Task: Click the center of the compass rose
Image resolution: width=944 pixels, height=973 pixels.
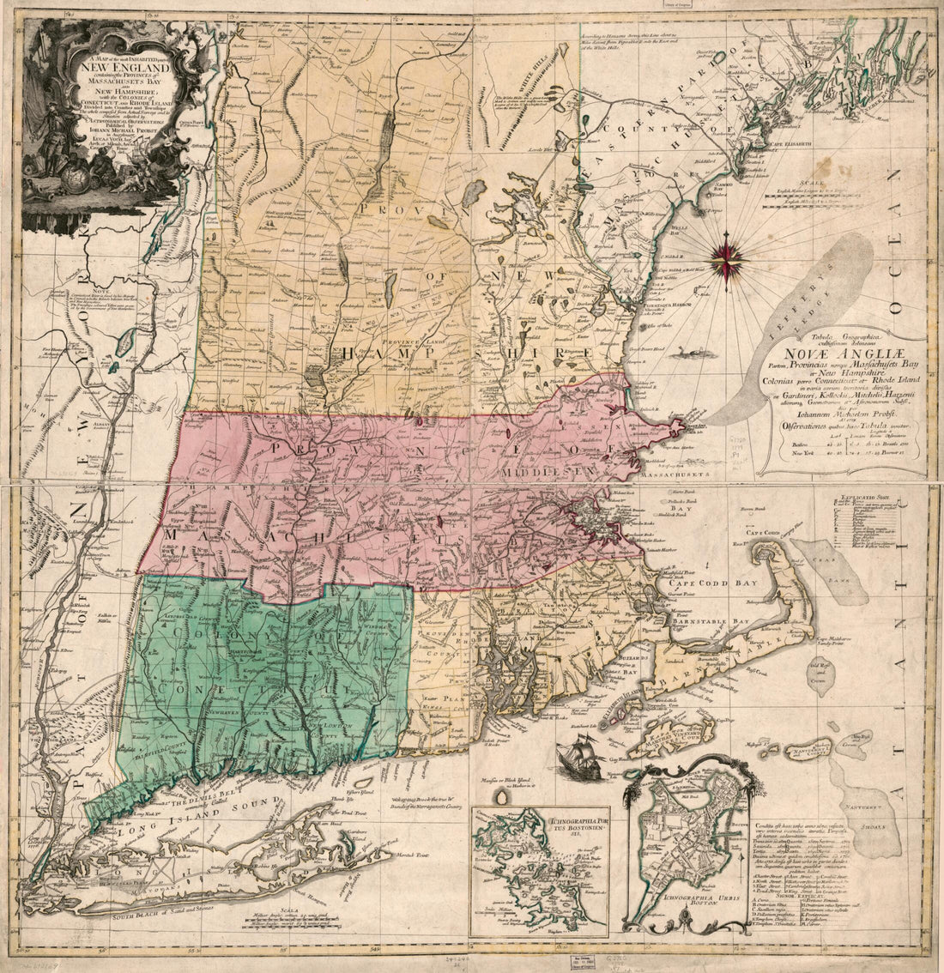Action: click(726, 256)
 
